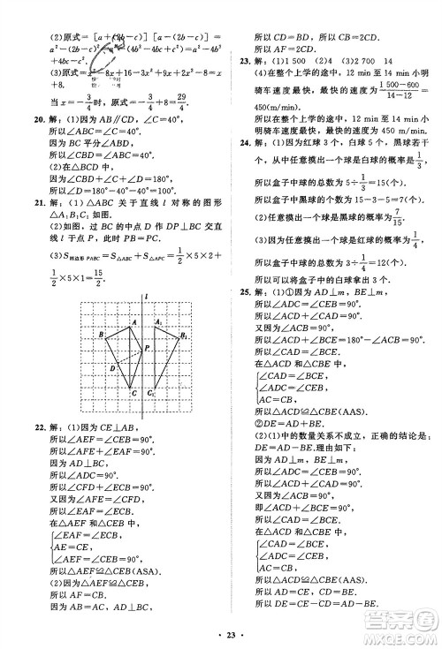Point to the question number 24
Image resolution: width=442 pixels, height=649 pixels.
247,140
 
